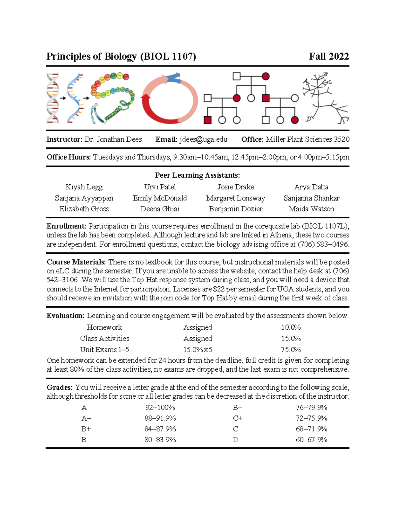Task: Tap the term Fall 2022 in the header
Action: click(329, 56)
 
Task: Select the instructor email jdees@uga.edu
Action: click(203, 139)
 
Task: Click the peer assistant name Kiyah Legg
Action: click(84, 187)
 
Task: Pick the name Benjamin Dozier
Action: click(236, 209)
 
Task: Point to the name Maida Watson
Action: click(311, 209)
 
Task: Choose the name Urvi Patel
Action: click(160, 187)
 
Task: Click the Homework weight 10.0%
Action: click(291, 327)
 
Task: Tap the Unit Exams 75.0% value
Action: click(291, 349)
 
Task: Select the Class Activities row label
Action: click(105, 339)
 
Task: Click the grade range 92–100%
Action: click(160, 408)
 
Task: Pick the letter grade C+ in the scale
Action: click(238, 418)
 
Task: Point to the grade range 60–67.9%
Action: click(311, 440)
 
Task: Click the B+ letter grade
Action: click(86, 429)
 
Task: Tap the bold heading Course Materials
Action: click(76, 262)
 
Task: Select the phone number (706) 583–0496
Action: click(323, 244)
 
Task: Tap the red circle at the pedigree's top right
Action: click(266, 77)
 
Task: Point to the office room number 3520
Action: click(342, 139)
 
